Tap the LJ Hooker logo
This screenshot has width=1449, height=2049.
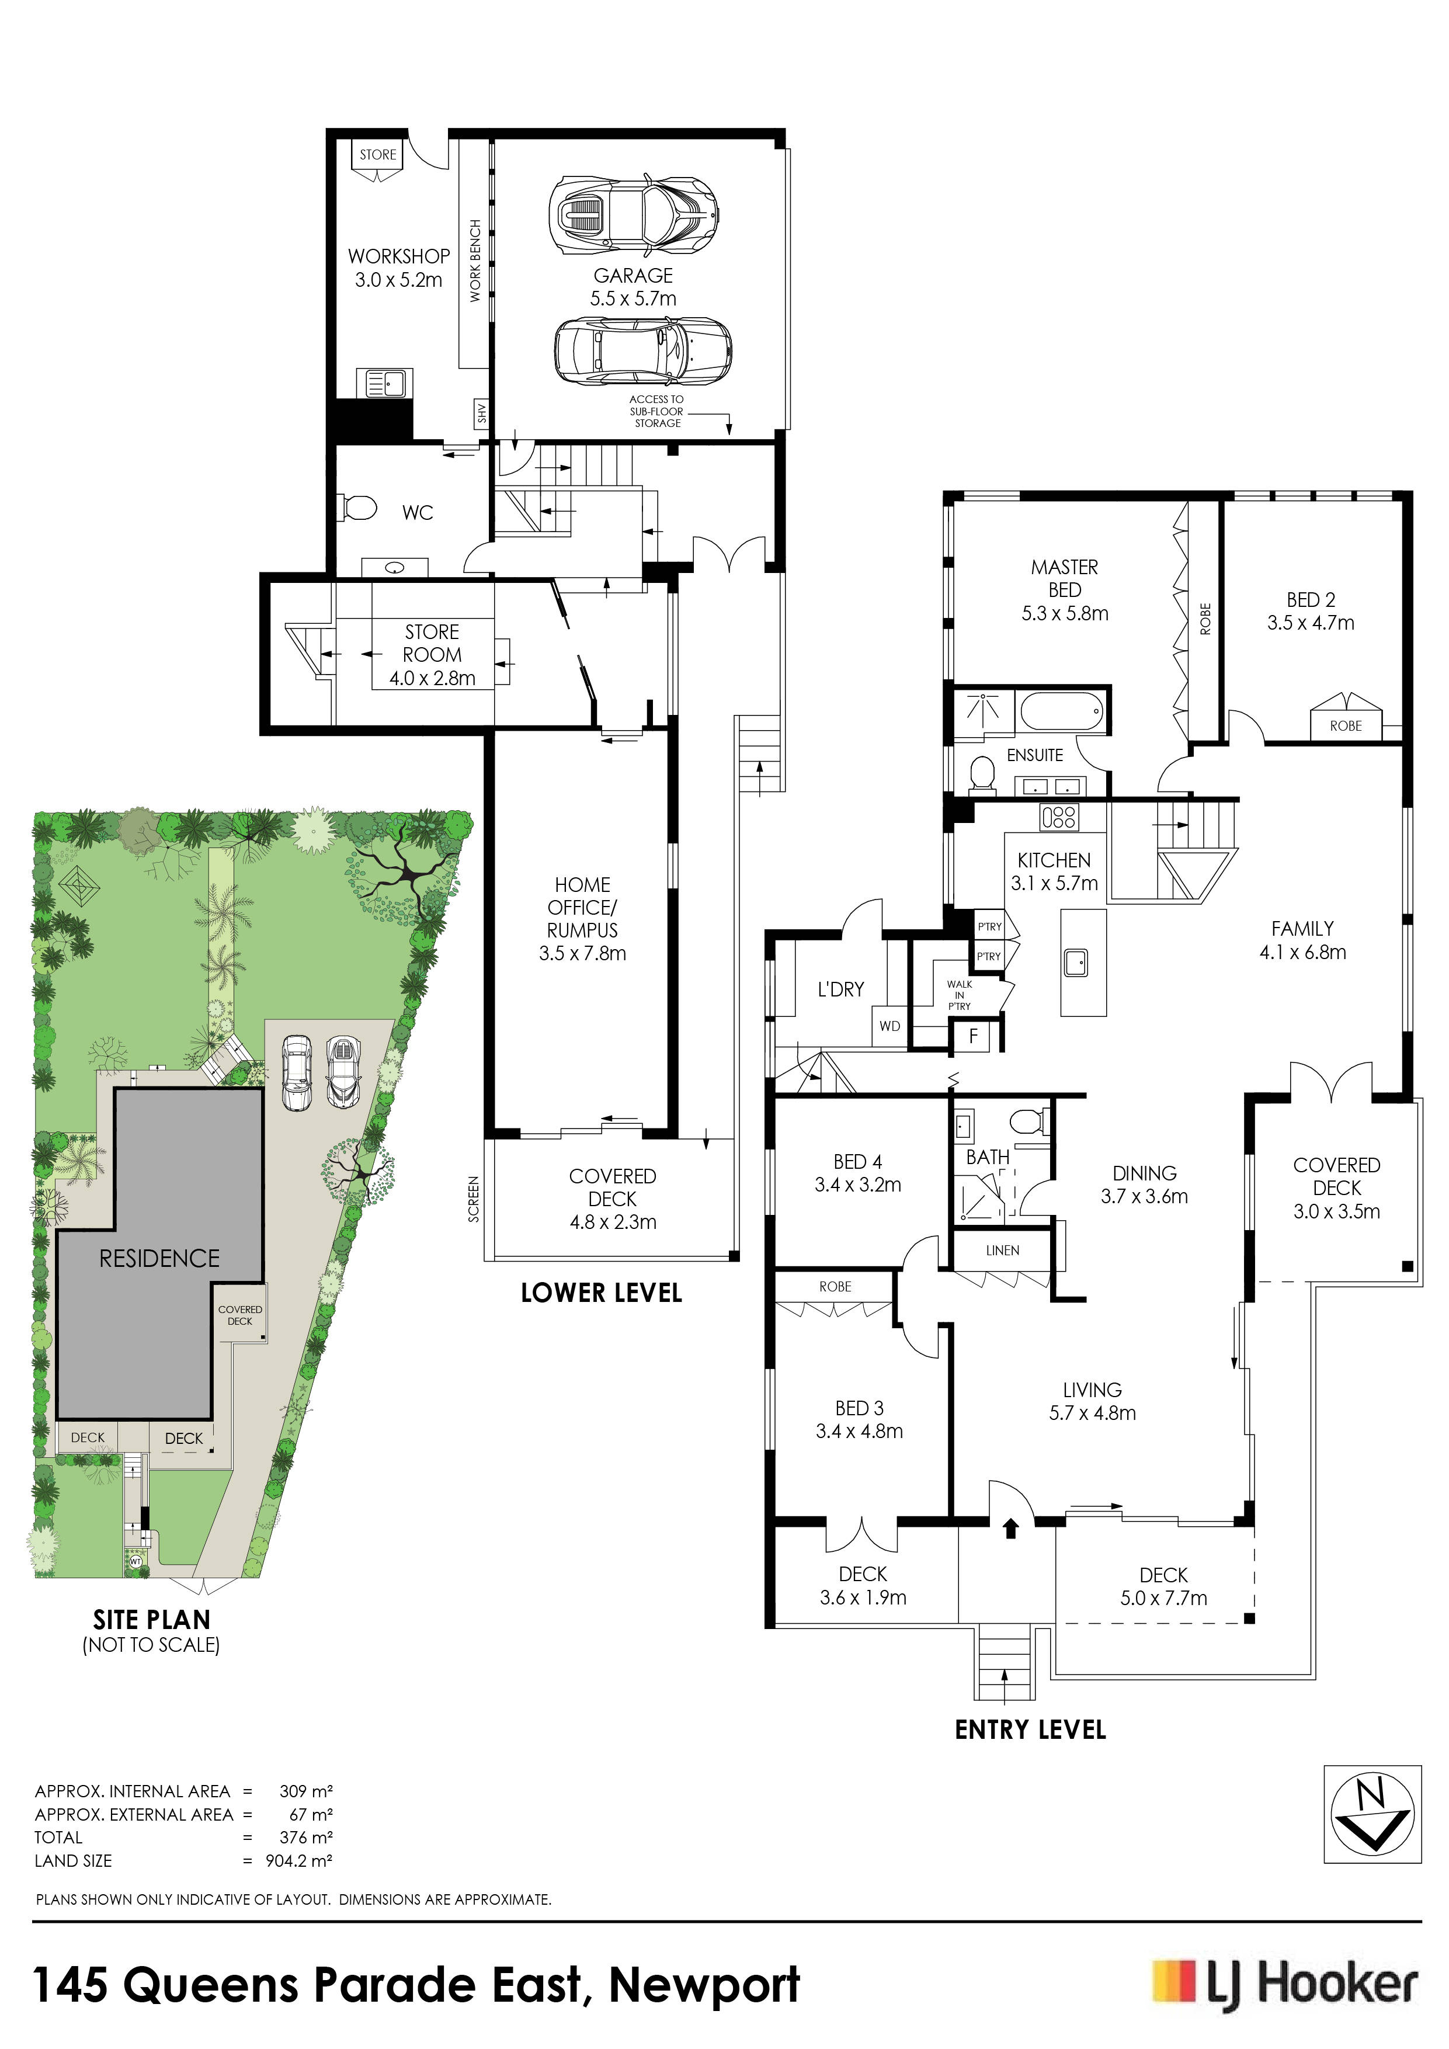[x=1285, y=1986]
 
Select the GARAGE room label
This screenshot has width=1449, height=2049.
[x=634, y=276]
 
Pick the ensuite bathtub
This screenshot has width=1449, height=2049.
[x=1062, y=714]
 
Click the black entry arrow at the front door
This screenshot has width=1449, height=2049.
[x=1011, y=1529]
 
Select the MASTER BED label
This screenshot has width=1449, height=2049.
[x=1065, y=578]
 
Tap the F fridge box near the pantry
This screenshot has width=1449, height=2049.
[x=974, y=1036]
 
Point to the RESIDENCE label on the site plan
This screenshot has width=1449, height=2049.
[x=159, y=1258]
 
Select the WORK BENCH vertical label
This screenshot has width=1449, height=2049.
[x=475, y=261]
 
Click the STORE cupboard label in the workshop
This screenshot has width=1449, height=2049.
[x=378, y=154]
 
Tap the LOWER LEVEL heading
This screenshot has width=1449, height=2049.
[x=602, y=1293]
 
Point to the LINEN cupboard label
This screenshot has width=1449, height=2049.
[x=1002, y=1251]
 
